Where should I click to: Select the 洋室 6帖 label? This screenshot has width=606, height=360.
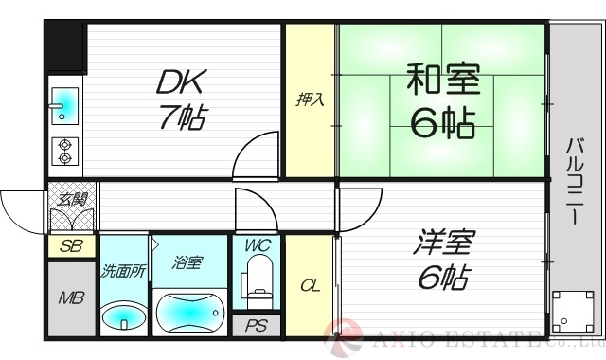(440, 260)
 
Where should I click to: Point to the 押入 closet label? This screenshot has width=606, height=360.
(310, 99)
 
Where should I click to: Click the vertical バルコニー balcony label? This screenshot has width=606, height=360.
(575, 181)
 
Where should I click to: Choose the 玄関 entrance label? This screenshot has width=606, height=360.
(71, 200)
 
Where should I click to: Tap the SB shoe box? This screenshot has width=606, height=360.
(70, 246)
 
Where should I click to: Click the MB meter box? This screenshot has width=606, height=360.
(71, 298)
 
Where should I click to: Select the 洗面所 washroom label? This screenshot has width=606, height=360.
(124, 270)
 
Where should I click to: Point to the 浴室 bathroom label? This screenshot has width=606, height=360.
(187, 261)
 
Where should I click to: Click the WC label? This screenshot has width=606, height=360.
(257, 245)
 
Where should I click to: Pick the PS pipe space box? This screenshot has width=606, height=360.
(256, 326)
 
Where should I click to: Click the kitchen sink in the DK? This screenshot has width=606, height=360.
(65, 104)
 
